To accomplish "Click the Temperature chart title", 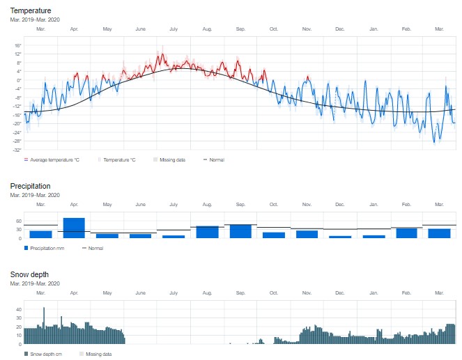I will coord(31,12).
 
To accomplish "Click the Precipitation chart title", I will coord(31,187).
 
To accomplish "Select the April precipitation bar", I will coord(74,228).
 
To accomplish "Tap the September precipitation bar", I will coord(240,231).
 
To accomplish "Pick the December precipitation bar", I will coord(340,237).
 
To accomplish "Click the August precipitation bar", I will coord(207,232).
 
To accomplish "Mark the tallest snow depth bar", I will coord(44,325).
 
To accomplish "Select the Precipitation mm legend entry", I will coord(47,248).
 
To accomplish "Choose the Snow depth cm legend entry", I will coord(46,354).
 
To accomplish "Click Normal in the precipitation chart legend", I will coord(94,248).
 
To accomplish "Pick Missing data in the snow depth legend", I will coord(97,354).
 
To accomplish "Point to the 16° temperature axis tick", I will coord(18,45).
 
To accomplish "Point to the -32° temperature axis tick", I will coord(17,150).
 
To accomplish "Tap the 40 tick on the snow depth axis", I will coord(19,309).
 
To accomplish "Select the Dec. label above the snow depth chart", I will coord(340,292).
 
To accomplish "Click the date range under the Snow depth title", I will coord(35,284).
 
